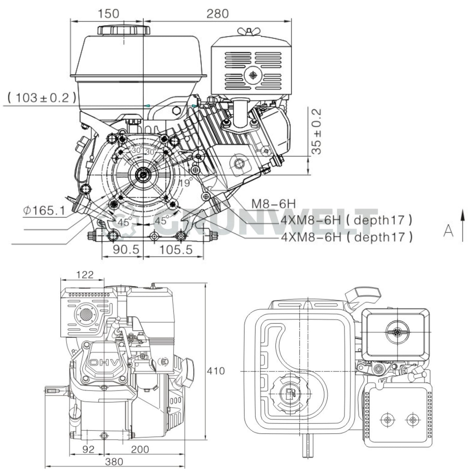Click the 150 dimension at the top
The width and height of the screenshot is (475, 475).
pyautogui.click(x=108, y=13)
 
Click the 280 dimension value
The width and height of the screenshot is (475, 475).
pyautogui.click(x=217, y=13)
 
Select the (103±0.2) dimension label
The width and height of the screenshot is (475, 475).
pyautogui.click(x=42, y=97)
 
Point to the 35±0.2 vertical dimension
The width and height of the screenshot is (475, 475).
pyautogui.click(x=316, y=131)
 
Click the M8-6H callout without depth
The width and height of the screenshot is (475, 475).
pyautogui.click(x=273, y=204)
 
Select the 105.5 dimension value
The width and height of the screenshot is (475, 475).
pyautogui.click(x=176, y=250)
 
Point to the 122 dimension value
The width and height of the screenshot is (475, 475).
pyautogui.click(x=85, y=274)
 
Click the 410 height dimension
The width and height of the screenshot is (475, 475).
pyautogui.click(x=216, y=371)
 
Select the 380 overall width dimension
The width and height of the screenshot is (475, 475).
pyautogui.click(x=114, y=462)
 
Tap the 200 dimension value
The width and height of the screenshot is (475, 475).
pyautogui.click(x=140, y=449)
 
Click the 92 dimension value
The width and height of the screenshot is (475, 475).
pyautogui.click(x=88, y=449)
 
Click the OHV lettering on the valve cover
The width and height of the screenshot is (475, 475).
pyautogui.click(x=104, y=363)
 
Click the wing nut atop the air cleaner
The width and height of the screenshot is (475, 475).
pyautogui.click(x=249, y=32)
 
